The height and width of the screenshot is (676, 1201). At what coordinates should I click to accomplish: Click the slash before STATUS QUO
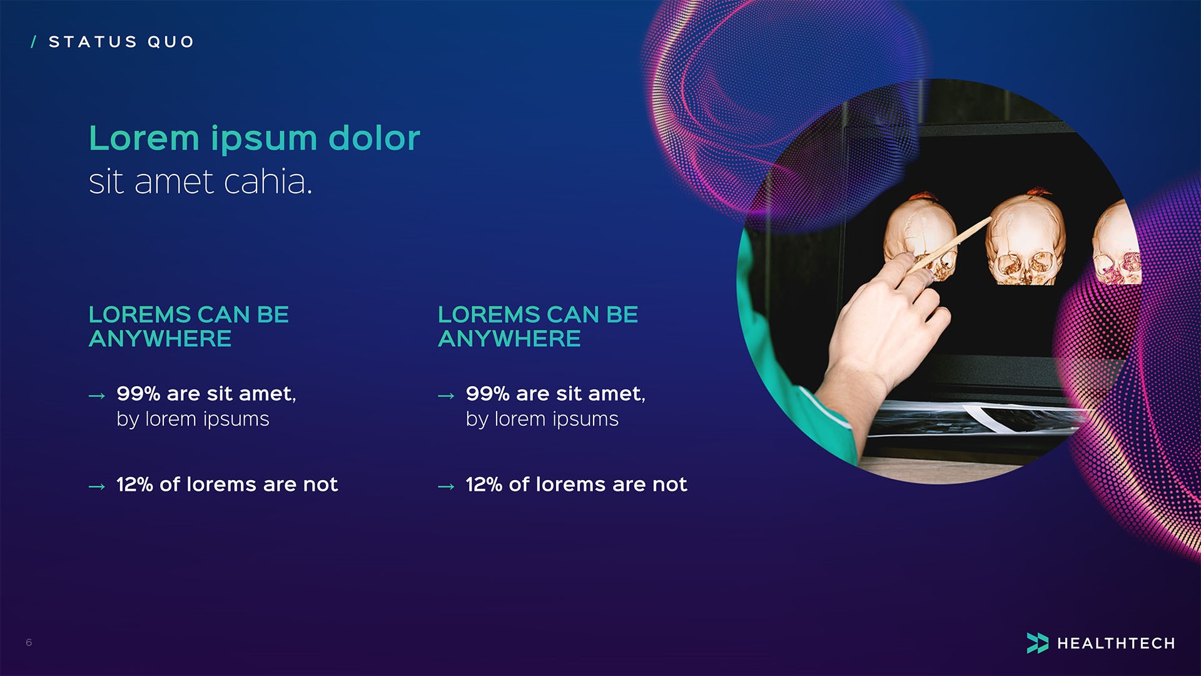pos(34,42)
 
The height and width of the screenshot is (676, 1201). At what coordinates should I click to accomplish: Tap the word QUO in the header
pos(171,42)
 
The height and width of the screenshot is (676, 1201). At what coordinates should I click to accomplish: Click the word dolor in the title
pos(374,138)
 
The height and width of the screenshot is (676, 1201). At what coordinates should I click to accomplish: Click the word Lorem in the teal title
pos(144,138)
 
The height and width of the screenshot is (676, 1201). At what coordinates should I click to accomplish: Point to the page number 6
pos(29,642)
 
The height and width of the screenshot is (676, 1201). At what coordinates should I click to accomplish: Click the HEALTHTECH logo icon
pos(1037,643)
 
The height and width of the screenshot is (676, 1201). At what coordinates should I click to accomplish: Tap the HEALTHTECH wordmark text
pos(1116,643)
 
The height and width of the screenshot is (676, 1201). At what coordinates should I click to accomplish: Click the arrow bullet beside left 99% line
pos(97,396)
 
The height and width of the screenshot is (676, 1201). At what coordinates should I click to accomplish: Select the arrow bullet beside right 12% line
pos(446,486)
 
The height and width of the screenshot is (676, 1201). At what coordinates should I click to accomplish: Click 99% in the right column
pos(488,394)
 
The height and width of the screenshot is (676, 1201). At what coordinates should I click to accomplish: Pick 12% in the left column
pos(134,484)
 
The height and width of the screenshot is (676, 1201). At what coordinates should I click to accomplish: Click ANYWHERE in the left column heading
pos(160,339)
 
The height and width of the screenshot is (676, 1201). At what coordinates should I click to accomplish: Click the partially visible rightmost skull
pos(1117,247)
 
